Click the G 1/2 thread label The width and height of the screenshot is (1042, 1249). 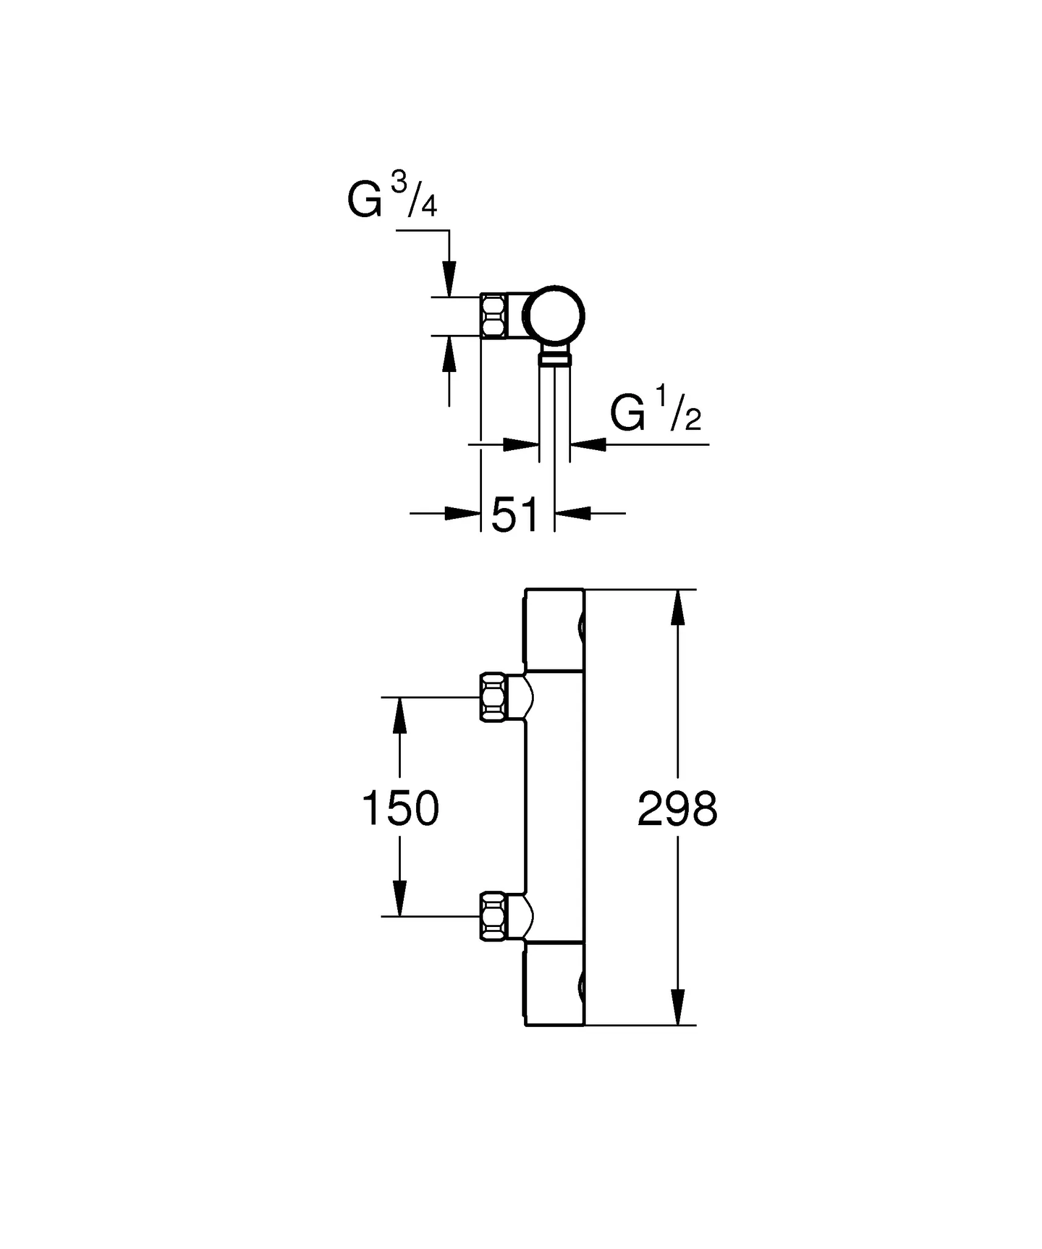tap(655, 413)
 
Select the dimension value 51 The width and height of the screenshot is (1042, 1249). tap(516, 514)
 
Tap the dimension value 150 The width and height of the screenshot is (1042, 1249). tap(400, 809)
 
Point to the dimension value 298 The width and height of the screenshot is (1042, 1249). tap(677, 809)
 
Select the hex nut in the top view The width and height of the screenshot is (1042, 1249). tap(493, 316)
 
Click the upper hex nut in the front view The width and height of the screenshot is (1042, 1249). tap(493, 697)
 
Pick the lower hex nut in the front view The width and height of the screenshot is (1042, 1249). tap(493, 916)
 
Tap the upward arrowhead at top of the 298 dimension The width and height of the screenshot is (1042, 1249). tap(677, 607)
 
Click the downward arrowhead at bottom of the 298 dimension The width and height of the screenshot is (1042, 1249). tap(677, 1007)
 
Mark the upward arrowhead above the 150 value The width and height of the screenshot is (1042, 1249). tap(400, 715)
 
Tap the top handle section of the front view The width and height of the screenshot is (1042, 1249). tap(554, 629)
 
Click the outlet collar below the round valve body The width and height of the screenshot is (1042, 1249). tap(555, 356)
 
